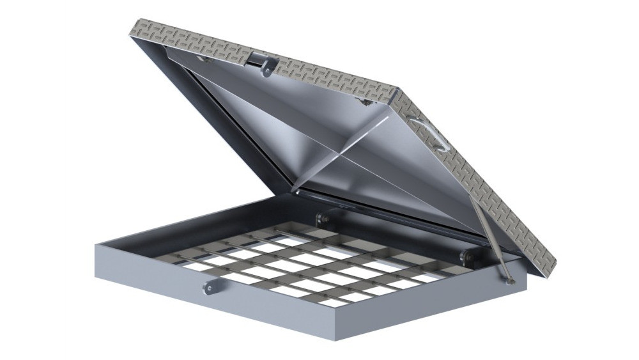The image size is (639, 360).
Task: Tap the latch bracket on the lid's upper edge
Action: pyautogui.click(x=261, y=64)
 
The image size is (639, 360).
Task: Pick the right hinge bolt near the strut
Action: pyautogui.click(x=468, y=256)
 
